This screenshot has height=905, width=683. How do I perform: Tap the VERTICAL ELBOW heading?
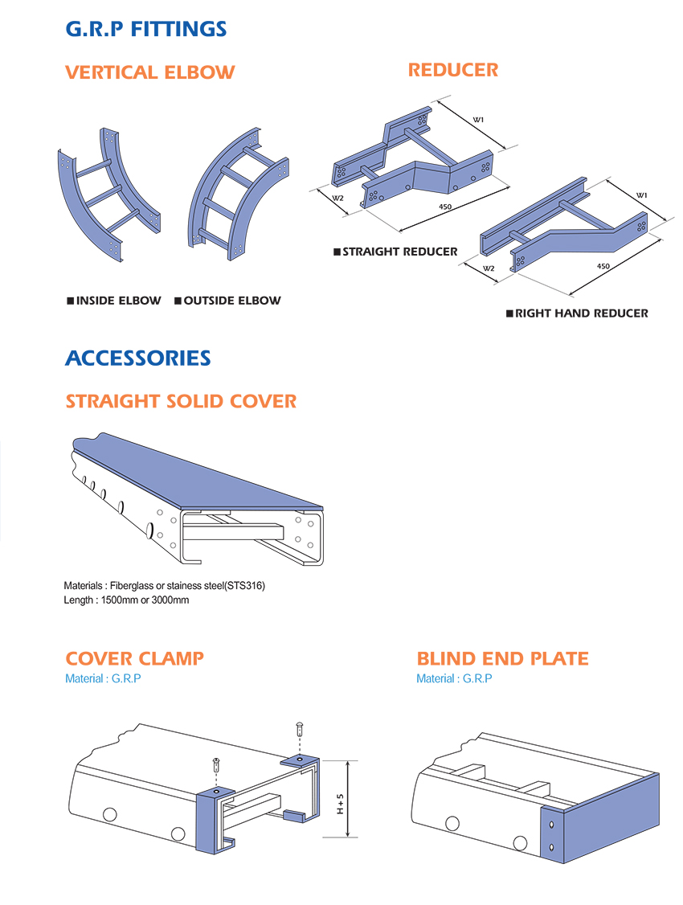pyautogui.click(x=149, y=72)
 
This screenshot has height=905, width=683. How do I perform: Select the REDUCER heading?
pyautogui.click(x=453, y=70)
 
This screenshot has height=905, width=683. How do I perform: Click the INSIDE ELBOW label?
pyautogui.click(x=114, y=301)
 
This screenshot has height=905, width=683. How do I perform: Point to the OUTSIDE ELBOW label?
pyautogui.click(x=227, y=301)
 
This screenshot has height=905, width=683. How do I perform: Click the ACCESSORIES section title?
pyautogui.click(x=137, y=358)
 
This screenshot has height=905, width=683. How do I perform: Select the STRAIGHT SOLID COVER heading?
pyautogui.click(x=181, y=401)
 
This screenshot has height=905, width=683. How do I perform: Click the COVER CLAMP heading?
pyautogui.click(x=134, y=659)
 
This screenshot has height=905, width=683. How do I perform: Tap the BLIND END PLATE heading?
pyautogui.click(x=502, y=659)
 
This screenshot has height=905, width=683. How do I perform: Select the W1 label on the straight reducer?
pyautogui.click(x=478, y=120)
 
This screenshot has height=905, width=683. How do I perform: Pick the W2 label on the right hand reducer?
pyautogui.click(x=489, y=268)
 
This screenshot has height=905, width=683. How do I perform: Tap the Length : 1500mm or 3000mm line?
pyautogui.click(x=126, y=600)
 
